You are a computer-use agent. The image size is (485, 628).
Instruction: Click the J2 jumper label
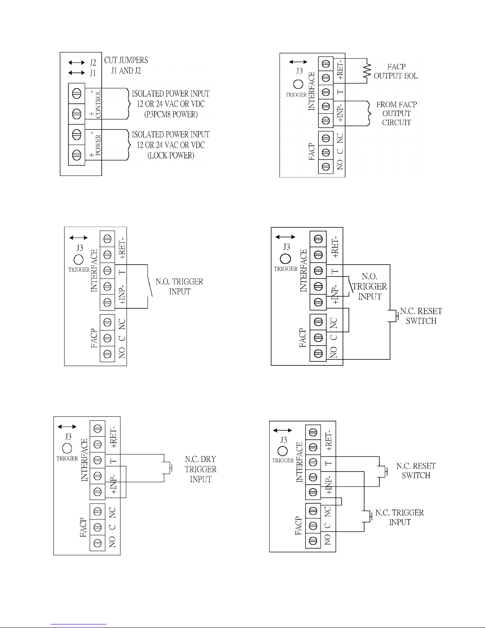92,63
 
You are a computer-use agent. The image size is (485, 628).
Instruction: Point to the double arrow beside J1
76,73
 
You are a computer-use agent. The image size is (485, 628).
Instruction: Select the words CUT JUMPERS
126,60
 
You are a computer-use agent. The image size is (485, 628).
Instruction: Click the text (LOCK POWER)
171,155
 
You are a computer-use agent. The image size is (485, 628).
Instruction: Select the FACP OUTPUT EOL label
396,71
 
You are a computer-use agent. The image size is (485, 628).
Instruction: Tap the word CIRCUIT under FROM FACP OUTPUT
396,122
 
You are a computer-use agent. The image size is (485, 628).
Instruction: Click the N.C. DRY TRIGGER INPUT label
201,469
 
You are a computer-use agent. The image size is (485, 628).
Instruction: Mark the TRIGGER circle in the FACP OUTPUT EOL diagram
298,84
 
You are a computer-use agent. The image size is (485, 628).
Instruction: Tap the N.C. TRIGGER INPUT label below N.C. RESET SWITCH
399,517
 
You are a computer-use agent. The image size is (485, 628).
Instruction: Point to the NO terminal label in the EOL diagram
340,164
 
